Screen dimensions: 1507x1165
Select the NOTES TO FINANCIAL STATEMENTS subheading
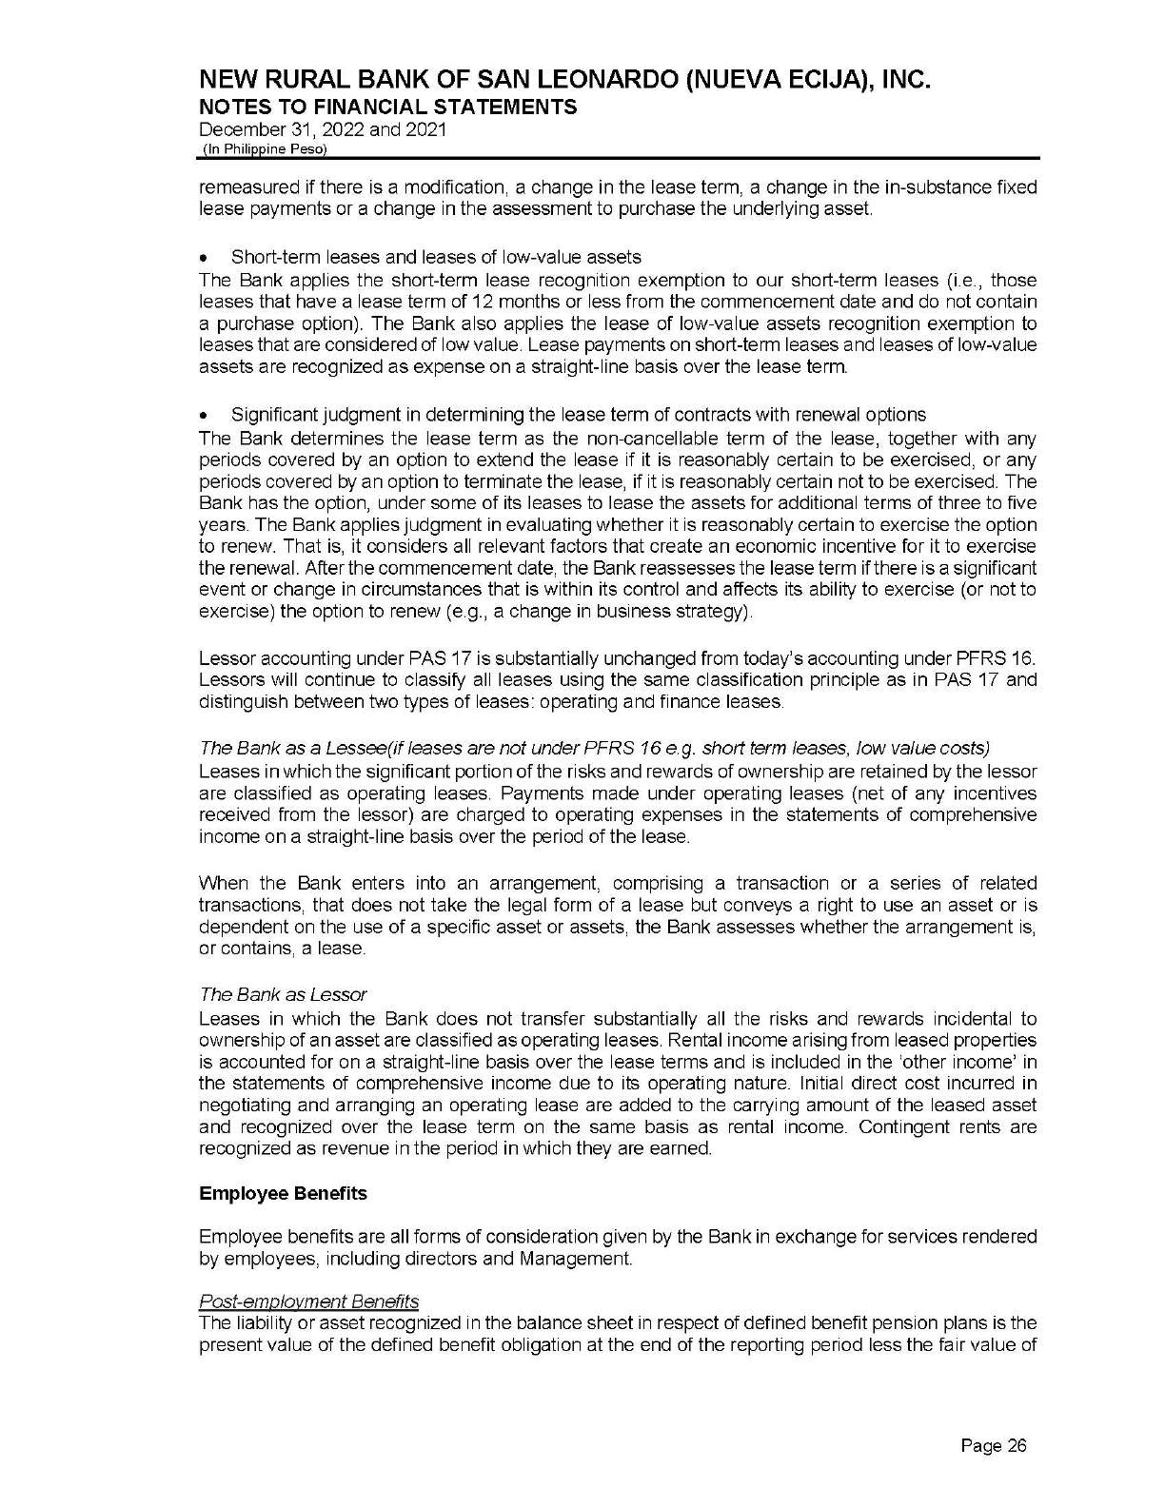click(x=387, y=107)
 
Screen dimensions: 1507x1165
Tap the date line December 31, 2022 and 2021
click(x=322, y=129)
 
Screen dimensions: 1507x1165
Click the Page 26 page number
click(x=995, y=1446)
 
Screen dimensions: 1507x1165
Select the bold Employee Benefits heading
click(x=283, y=1193)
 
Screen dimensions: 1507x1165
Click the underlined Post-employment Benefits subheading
click(x=308, y=1301)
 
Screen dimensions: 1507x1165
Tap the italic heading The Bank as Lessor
click(x=283, y=994)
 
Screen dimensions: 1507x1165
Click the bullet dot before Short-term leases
click(x=205, y=258)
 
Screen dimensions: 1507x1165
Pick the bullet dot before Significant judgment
click(x=205, y=416)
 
